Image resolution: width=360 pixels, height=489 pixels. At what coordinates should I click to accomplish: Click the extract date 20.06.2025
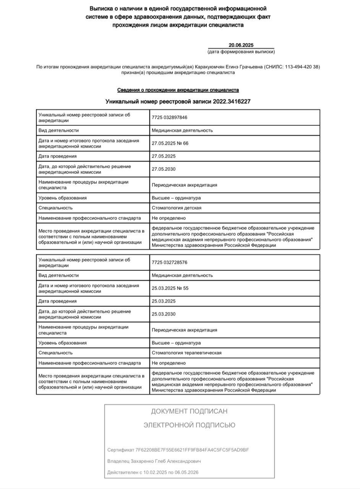(241, 45)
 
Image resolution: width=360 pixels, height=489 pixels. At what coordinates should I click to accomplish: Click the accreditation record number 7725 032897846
(169, 118)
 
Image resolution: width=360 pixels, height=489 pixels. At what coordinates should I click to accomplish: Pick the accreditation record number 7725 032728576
(169, 262)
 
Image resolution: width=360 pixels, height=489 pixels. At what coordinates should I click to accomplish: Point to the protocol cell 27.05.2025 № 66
(170, 144)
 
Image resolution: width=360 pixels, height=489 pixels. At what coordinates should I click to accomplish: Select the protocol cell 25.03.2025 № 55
(170, 288)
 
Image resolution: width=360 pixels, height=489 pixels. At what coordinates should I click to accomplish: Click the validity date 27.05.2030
(164, 169)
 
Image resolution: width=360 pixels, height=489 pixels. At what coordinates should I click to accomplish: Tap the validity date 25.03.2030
(164, 314)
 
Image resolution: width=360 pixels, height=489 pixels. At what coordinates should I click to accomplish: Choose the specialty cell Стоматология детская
(176, 208)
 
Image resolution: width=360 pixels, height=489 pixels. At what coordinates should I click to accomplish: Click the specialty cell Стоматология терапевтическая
(186, 353)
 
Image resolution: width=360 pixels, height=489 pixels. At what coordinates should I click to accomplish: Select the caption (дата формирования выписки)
(241, 52)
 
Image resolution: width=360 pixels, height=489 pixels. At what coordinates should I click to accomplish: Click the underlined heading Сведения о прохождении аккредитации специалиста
(178, 90)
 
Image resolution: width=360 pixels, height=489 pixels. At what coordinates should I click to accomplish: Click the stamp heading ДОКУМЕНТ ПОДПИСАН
(189, 411)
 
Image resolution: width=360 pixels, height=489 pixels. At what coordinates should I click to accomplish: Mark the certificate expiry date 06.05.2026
(186, 472)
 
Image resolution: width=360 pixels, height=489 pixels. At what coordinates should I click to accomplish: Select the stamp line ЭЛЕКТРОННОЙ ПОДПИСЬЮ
(189, 425)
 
